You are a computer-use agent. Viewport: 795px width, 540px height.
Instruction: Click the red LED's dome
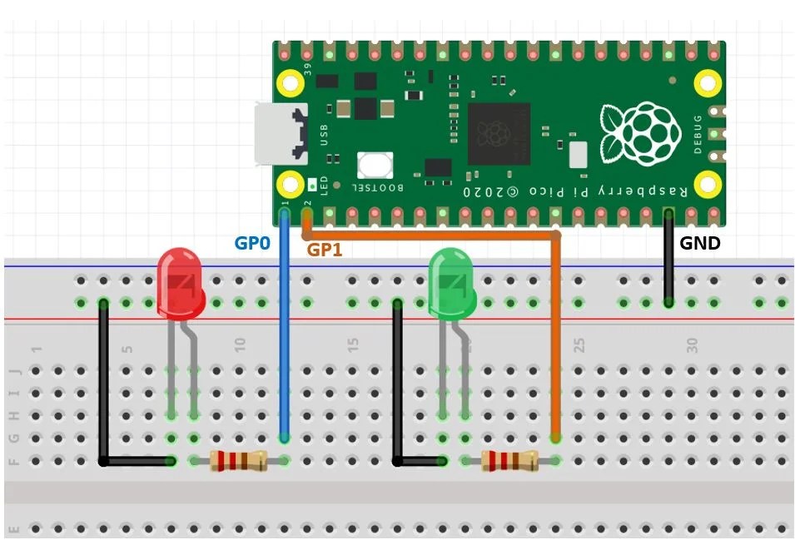click(181, 283)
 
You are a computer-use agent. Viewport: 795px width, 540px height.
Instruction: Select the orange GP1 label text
click(325, 249)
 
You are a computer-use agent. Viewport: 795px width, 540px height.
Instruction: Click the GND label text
click(699, 244)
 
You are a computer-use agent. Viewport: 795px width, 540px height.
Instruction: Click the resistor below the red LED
click(238, 459)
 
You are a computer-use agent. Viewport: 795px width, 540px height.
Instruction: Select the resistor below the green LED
click(509, 459)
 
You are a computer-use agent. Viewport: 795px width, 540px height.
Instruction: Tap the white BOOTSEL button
click(375, 165)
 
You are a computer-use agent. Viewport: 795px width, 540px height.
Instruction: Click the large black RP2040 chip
click(499, 133)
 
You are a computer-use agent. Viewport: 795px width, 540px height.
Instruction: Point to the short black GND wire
click(668, 258)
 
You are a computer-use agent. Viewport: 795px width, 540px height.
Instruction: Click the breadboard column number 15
click(353, 344)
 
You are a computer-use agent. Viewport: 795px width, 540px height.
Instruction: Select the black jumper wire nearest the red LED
click(103, 383)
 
